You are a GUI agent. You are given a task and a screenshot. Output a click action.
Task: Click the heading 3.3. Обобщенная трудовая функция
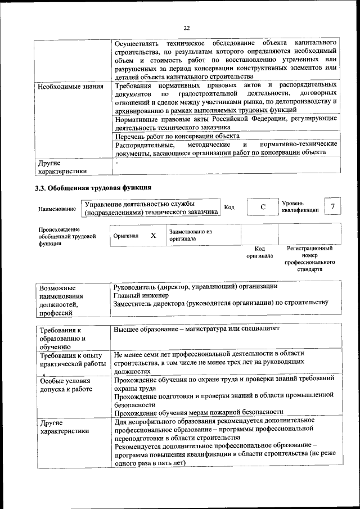pos(93,187)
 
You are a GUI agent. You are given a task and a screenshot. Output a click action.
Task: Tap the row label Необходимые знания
pos(70,87)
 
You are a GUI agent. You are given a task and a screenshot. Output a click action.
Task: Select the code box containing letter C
pos(262,206)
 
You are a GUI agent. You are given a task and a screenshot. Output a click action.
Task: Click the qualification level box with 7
pos(333,206)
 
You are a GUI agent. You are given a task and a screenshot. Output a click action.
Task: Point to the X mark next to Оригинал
pos(153,235)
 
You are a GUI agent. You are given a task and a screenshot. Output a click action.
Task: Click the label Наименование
pos(57,209)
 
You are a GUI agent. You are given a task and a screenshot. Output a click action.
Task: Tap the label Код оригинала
pos(259,251)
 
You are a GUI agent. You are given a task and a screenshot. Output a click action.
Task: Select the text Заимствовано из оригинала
pos(190,235)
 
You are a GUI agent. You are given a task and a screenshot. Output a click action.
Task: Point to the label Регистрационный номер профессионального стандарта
pos(309,258)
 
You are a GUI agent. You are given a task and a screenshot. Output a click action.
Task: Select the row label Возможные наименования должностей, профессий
pos(62,300)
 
